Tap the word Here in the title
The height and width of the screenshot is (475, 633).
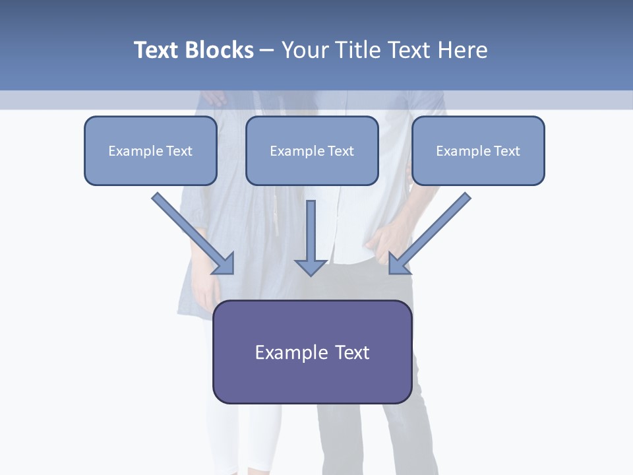coord(461,50)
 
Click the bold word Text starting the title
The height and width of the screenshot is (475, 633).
coord(156,50)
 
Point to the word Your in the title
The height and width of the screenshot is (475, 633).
coord(305,50)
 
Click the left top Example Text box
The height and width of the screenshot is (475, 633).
coord(150,150)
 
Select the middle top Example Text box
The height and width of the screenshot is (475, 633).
coord(312,150)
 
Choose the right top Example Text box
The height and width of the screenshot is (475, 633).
coord(478,150)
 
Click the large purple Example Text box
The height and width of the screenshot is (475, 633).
coord(312,352)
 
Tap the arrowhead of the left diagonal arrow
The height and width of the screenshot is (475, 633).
coord(224,264)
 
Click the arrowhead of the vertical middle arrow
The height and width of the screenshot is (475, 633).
coord(311,267)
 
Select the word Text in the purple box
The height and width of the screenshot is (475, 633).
coord(353,352)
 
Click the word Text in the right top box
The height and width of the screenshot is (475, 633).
coord(506,151)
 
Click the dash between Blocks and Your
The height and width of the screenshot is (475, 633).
coord(267,51)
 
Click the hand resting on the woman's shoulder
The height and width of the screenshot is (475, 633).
coord(214,99)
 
